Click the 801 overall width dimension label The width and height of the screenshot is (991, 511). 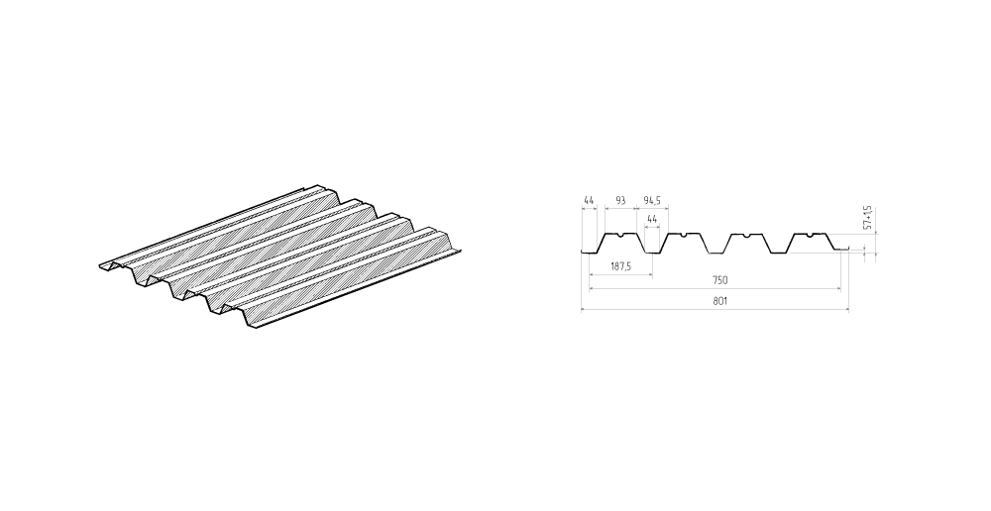(719, 302)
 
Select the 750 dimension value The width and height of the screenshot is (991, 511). (719, 280)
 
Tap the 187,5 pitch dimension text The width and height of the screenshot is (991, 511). (620, 266)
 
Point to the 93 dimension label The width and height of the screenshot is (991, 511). (620, 201)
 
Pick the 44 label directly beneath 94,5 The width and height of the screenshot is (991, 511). (652, 219)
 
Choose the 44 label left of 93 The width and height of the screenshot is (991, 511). (589, 201)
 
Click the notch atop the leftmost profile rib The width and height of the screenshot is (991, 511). (621, 236)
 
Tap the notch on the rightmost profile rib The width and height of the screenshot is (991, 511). (809, 236)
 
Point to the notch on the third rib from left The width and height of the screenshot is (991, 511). (746, 236)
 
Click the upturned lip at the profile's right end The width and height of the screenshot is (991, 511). (843, 249)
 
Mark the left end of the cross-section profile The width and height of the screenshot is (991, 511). (582, 254)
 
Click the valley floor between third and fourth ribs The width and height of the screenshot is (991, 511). (778, 253)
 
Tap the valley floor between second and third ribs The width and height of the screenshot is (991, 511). (716, 253)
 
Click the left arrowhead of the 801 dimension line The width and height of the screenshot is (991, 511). (584, 310)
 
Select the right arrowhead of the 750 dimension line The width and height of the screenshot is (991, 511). (838, 288)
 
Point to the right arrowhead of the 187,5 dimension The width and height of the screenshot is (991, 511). (650, 274)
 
